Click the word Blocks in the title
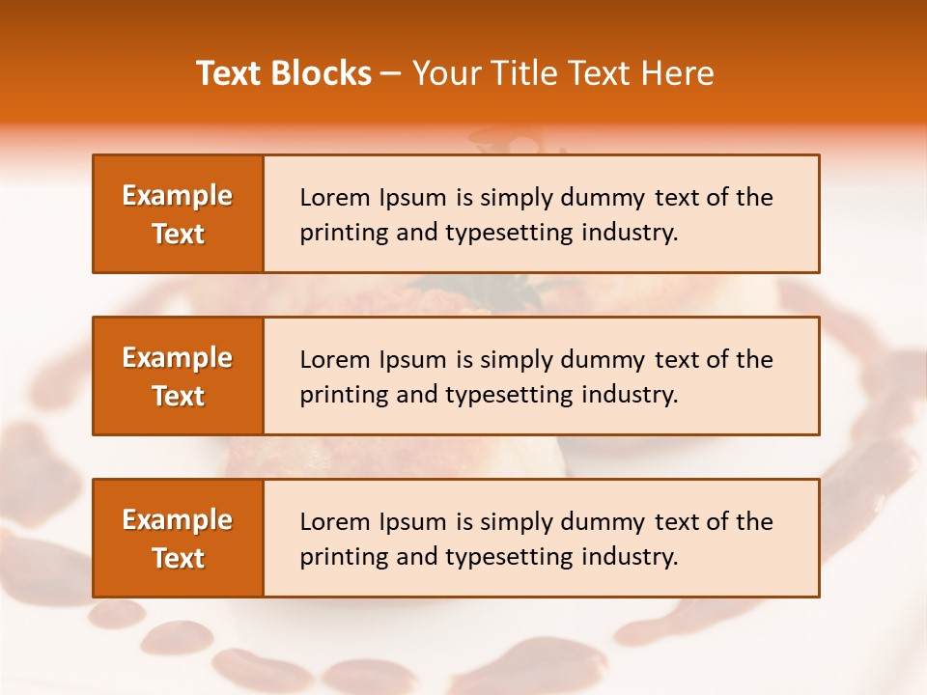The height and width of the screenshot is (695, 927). click(x=323, y=73)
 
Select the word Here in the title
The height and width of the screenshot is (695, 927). click(x=677, y=73)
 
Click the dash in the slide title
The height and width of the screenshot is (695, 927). click(x=391, y=73)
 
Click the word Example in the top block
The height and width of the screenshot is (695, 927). click(x=178, y=196)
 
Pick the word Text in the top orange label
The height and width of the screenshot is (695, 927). click(x=178, y=234)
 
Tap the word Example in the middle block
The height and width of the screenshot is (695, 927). click(x=178, y=358)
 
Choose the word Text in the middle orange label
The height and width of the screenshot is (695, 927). click(x=178, y=396)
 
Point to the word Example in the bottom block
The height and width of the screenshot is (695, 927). click(x=178, y=520)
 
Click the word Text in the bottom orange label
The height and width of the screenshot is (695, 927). click(x=178, y=558)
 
